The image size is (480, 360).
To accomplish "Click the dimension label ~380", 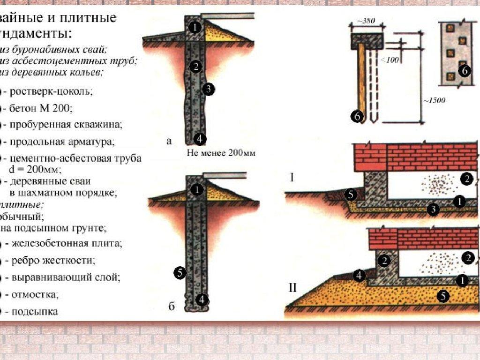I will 367,22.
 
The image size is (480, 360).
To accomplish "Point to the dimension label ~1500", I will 434,100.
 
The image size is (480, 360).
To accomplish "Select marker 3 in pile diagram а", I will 209,89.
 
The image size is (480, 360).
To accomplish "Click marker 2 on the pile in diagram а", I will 196,66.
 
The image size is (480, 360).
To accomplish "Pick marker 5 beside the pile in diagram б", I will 180,272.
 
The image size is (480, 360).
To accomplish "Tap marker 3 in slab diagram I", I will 434,210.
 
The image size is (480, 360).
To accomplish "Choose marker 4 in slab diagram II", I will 359,276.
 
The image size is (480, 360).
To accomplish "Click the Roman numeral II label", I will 292,287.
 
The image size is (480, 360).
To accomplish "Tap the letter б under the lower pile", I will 172,307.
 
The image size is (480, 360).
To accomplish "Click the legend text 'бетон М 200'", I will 41,108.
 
